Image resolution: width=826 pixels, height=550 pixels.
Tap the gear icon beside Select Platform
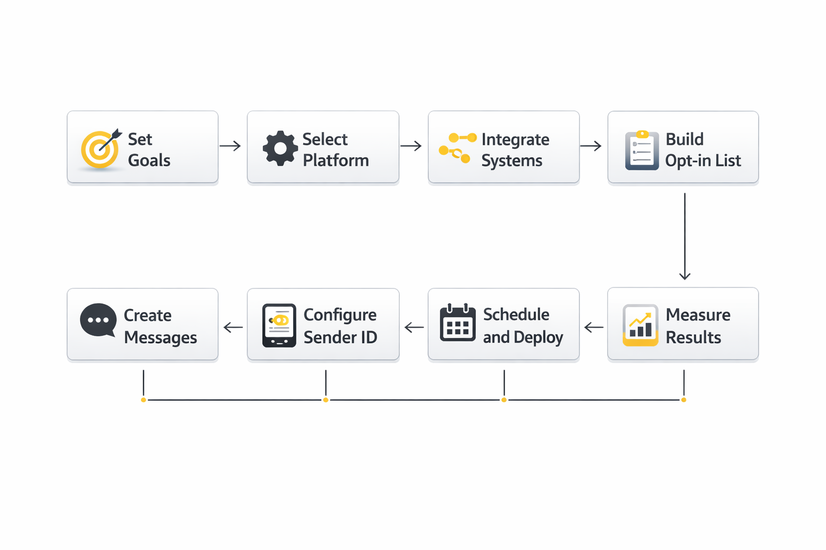click(280, 148)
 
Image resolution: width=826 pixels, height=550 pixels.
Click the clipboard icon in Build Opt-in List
click(642, 150)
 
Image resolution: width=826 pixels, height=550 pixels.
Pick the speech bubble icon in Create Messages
click(98, 320)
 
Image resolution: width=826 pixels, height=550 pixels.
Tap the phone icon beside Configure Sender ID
click(279, 325)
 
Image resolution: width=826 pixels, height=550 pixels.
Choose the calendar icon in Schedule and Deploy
click(458, 323)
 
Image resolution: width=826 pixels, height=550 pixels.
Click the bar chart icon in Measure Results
click(640, 325)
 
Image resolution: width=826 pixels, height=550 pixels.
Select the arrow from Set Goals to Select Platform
click(230, 146)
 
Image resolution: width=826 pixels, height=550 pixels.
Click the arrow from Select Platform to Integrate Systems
click(411, 146)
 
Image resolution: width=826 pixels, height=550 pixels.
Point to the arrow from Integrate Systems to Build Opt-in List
click(590, 146)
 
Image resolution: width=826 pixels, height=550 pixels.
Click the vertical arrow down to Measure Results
click(685, 236)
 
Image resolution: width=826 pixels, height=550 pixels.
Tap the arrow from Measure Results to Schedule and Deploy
click(594, 327)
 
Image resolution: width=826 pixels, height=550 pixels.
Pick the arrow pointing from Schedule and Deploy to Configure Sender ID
click(414, 327)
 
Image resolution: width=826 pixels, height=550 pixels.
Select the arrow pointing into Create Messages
click(233, 327)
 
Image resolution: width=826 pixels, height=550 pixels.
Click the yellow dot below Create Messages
click(144, 400)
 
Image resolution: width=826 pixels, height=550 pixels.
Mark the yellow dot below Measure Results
click(683, 400)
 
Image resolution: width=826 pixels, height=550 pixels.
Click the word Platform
click(336, 161)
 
